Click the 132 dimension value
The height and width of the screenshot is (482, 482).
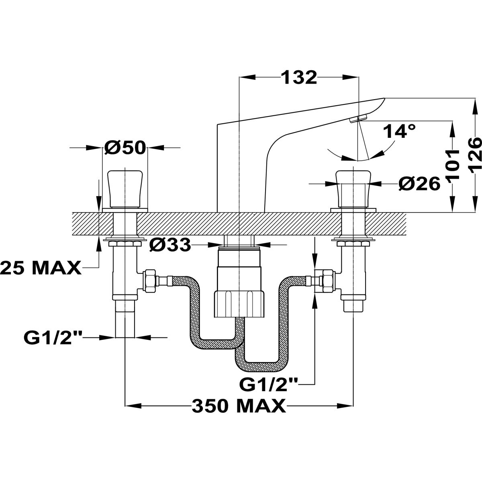(298, 78)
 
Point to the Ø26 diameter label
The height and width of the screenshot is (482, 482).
(419, 184)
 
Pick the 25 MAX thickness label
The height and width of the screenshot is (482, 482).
(40, 268)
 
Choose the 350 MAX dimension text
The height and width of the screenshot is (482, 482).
(239, 406)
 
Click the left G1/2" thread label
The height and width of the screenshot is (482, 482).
(53, 338)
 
